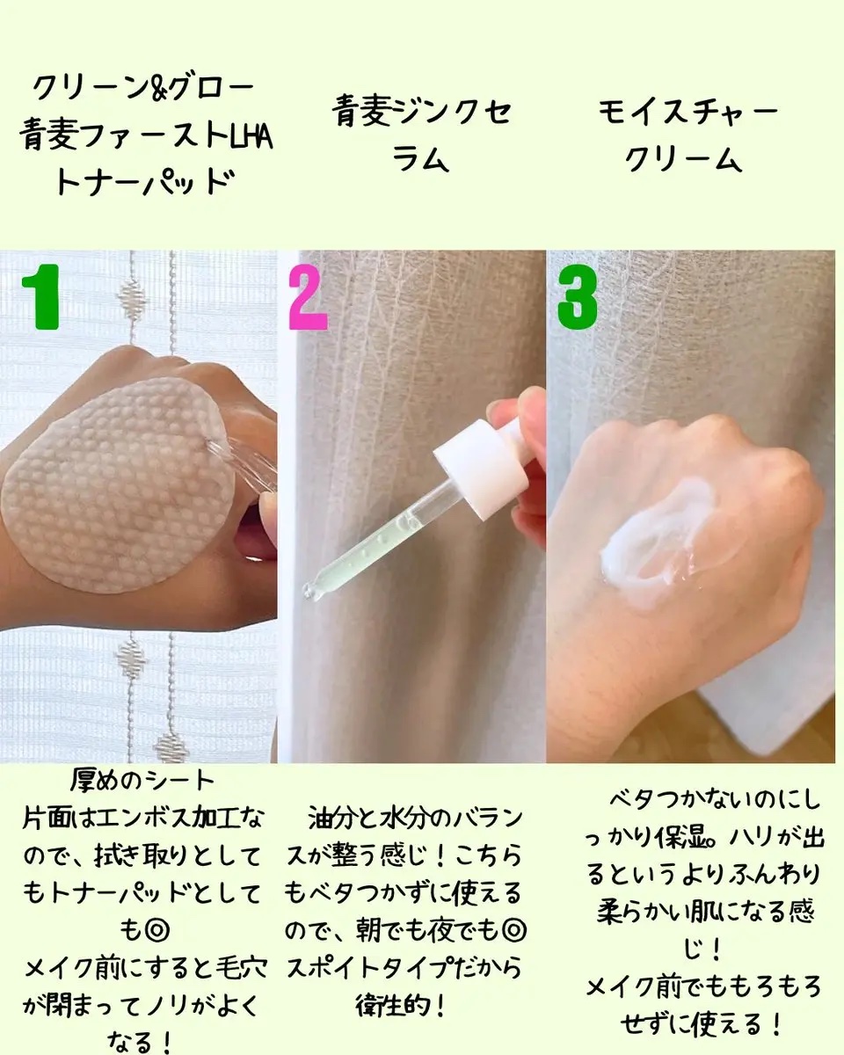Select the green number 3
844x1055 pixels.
pos(578,297)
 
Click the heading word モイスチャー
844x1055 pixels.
pos(688,113)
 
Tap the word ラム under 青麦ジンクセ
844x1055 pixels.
pos(421,158)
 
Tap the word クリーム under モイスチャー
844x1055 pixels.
pos(684,158)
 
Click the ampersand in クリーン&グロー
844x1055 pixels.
pos(158,88)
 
